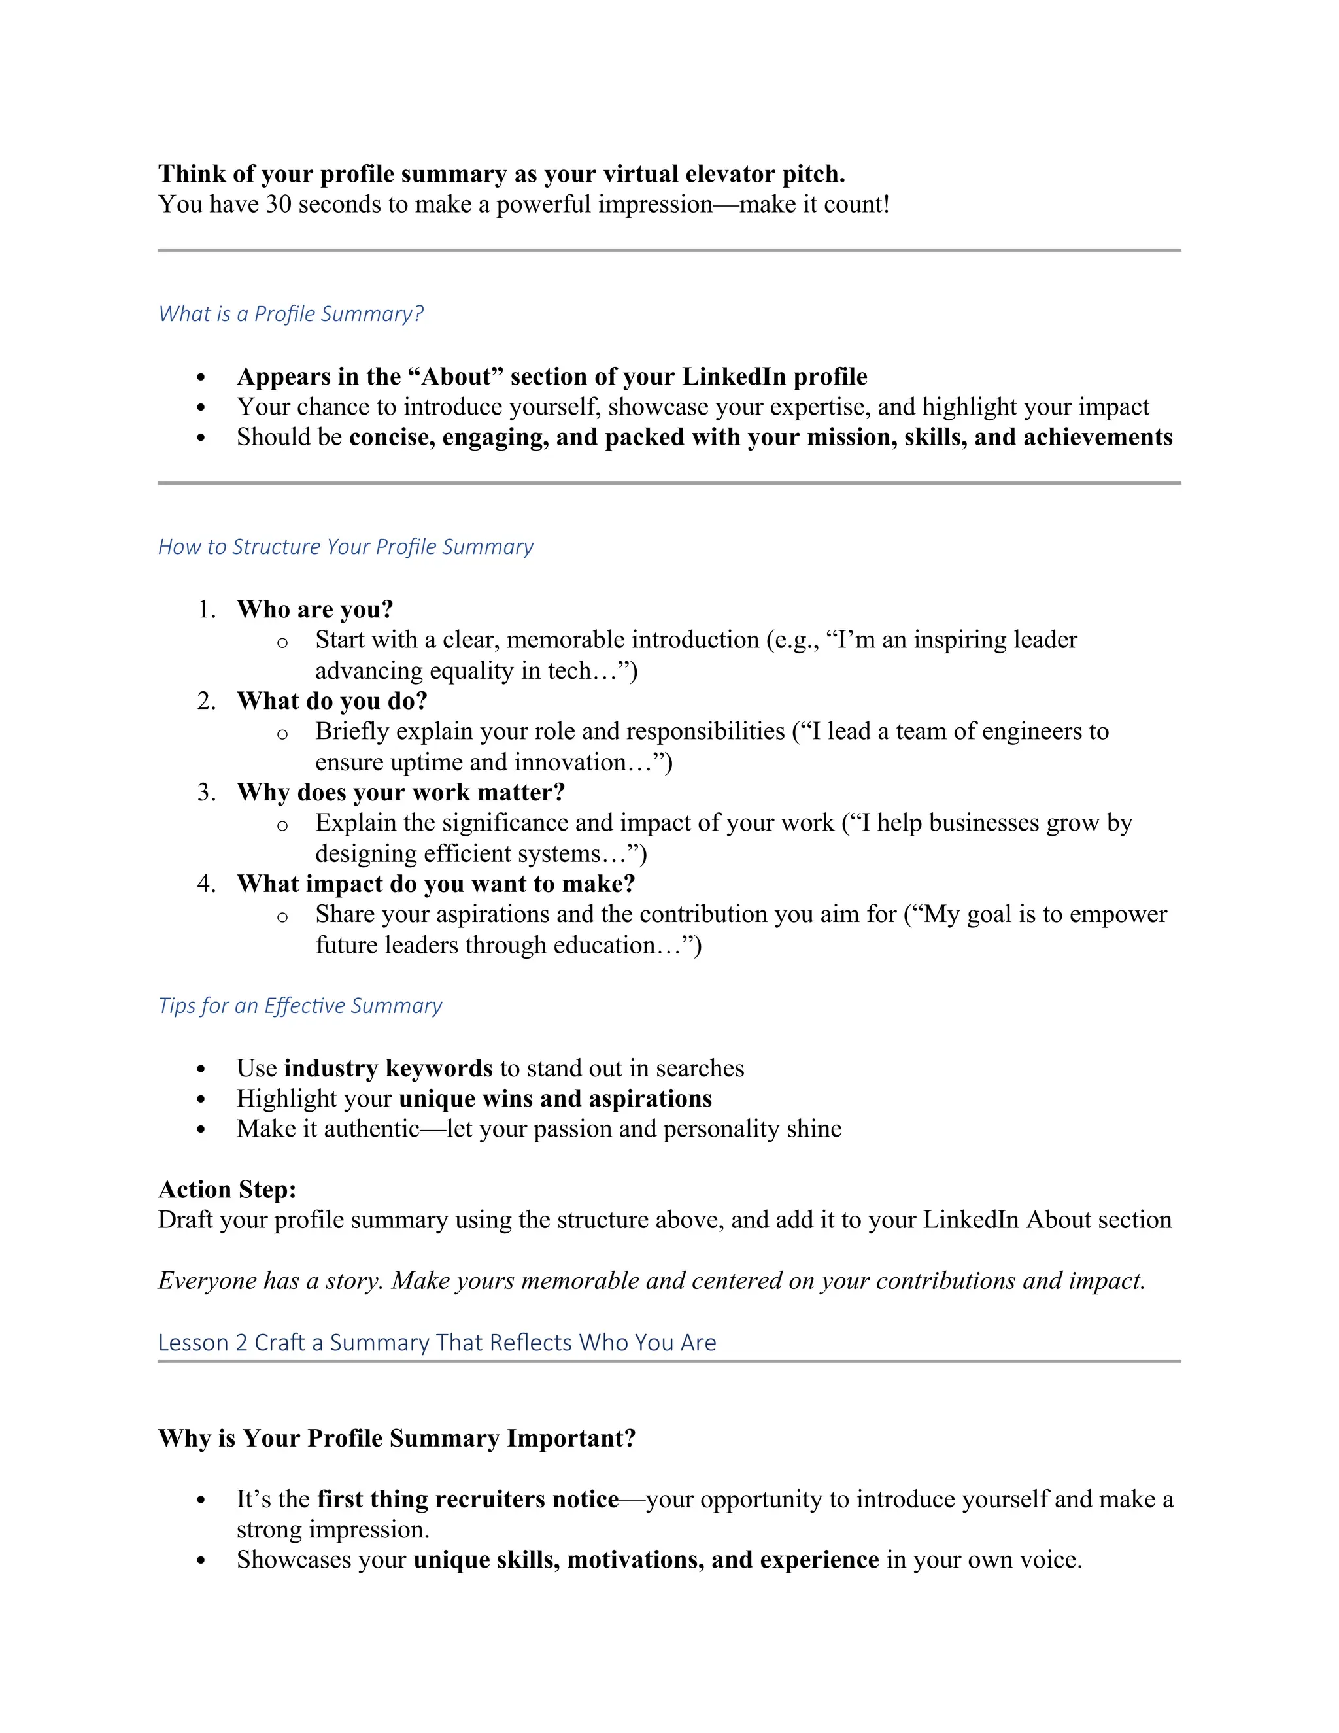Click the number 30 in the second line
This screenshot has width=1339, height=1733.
pyautogui.click(x=278, y=205)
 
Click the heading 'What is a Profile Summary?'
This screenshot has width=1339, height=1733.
pyautogui.click(x=290, y=314)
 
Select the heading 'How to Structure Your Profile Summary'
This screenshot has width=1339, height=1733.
pyautogui.click(x=345, y=547)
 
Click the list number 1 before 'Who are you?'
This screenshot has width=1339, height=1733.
pyautogui.click(x=206, y=610)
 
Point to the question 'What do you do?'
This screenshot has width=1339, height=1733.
pyautogui.click(x=331, y=702)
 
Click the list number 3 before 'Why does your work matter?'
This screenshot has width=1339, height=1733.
pyautogui.click(x=206, y=793)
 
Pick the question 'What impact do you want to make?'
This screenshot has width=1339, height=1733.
pyautogui.click(x=435, y=885)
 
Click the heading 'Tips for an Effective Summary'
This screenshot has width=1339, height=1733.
pyautogui.click(x=300, y=1006)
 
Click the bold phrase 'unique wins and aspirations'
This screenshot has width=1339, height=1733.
pyautogui.click(x=554, y=1099)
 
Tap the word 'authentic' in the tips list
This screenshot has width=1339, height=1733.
pyautogui.click(x=371, y=1129)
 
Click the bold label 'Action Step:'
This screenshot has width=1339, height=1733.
pyautogui.click(x=228, y=1190)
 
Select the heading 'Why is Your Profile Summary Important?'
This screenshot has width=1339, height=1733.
pyautogui.click(x=397, y=1439)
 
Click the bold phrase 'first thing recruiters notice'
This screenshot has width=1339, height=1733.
pyautogui.click(x=467, y=1500)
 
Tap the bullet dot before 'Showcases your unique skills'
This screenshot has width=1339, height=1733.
pyautogui.click(x=201, y=1561)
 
